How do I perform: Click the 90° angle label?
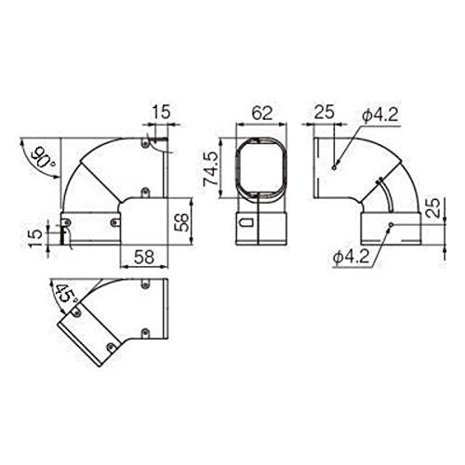pos(42,157)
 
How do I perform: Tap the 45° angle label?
pos(66,294)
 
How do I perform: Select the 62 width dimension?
pos(262,113)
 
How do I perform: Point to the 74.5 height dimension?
pos(212,168)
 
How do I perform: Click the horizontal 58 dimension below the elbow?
pos(144,257)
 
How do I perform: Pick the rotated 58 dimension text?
pos(181,222)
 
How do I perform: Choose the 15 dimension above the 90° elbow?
pos(162,112)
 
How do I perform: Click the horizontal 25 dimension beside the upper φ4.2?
pos(325,112)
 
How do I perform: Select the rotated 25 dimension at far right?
pos(433,208)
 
